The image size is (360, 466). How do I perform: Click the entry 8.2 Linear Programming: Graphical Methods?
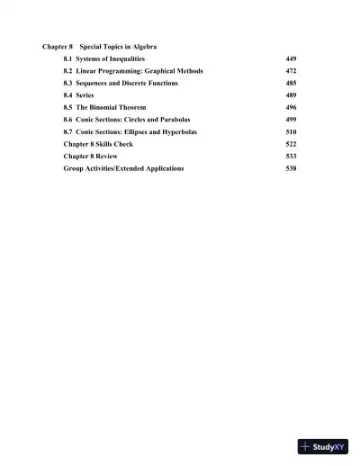point(133,70)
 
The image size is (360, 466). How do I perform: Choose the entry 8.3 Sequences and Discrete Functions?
point(121,83)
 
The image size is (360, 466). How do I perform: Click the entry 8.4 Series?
point(78,94)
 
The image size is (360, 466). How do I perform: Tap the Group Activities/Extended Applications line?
point(124,168)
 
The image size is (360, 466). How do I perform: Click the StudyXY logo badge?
point(323,445)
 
